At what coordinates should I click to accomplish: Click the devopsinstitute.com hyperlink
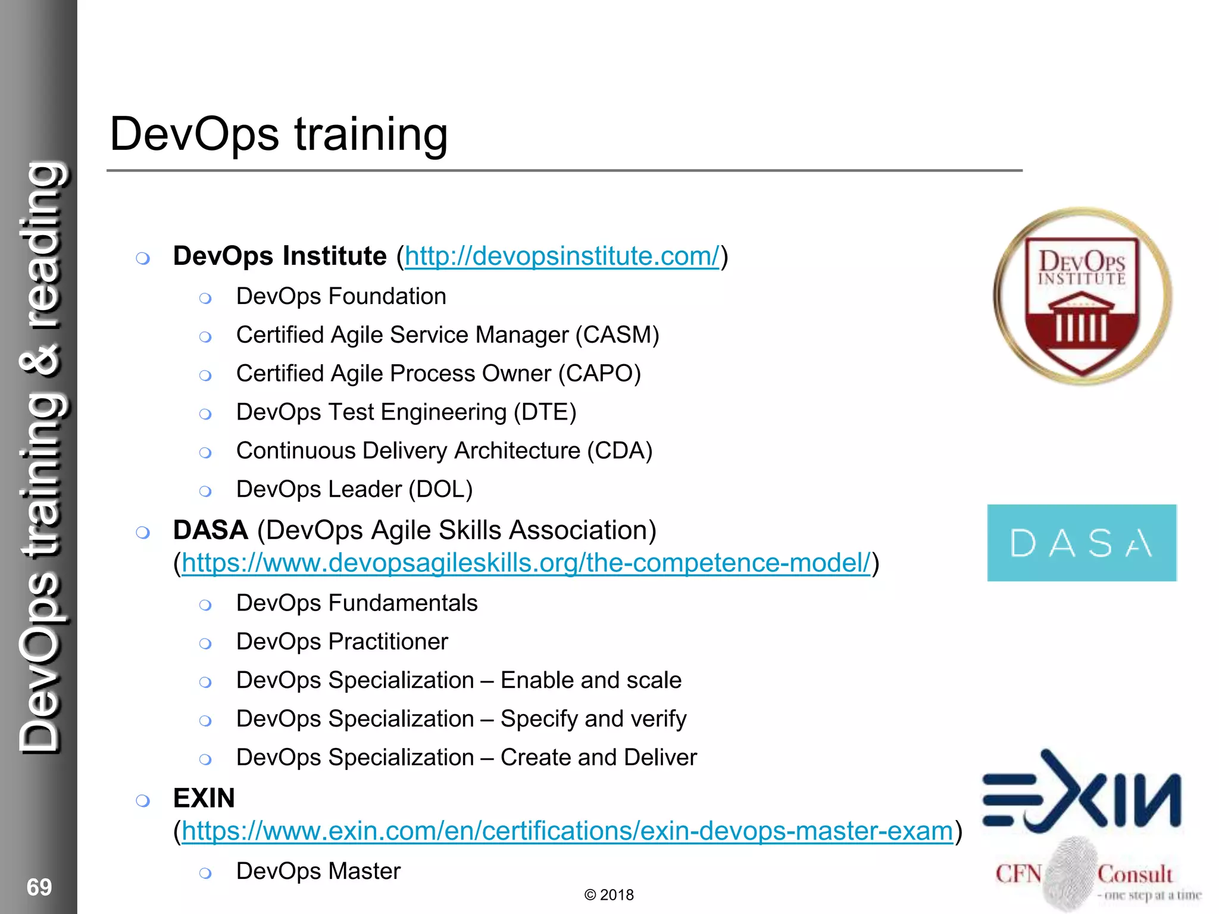click(562, 256)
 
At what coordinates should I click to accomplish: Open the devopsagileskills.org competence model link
click(526, 563)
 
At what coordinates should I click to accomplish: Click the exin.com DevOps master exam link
click(567, 831)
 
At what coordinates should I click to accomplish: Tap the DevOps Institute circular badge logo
click(1082, 296)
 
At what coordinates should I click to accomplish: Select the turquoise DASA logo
click(1082, 543)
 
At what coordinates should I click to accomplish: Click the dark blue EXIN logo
click(1082, 791)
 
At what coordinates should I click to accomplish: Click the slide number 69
click(39, 887)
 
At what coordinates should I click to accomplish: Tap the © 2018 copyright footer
click(609, 895)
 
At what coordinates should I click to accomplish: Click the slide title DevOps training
click(279, 134)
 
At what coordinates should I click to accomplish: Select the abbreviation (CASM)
click(617, 335)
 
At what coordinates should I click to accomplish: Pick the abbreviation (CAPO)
click(599, 374)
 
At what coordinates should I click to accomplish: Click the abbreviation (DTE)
click(545, 412)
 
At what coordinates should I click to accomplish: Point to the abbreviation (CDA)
click(620, 451)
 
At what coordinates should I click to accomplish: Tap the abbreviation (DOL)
click(440, 490)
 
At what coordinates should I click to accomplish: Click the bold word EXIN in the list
click(204, 799)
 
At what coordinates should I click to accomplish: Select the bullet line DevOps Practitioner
click(342, 642)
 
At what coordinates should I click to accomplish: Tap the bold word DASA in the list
click(210, 530)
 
